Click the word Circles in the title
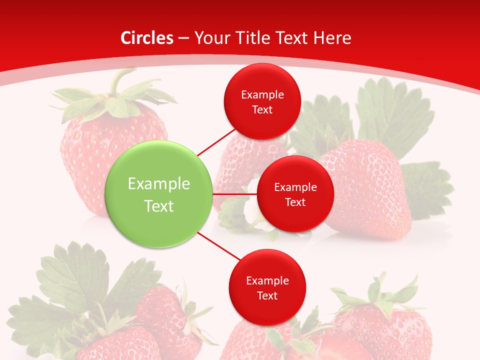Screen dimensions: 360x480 [147, 38]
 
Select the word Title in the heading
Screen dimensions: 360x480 [258, 38]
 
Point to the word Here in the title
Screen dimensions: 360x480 [332, 38]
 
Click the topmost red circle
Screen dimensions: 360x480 [262, 101]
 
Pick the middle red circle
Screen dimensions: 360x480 [295, 194]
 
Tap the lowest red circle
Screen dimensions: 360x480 [267, 287]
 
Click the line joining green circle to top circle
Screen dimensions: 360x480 [216, 142]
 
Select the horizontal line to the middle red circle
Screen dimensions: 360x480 [235, 194]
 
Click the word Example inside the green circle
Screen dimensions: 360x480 [159, 183]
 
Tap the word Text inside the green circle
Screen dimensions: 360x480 [159, 205]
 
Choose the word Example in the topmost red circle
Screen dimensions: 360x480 [262, 94]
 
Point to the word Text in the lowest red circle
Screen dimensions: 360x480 [267, 295]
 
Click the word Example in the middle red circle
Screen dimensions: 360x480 [295, 187]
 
